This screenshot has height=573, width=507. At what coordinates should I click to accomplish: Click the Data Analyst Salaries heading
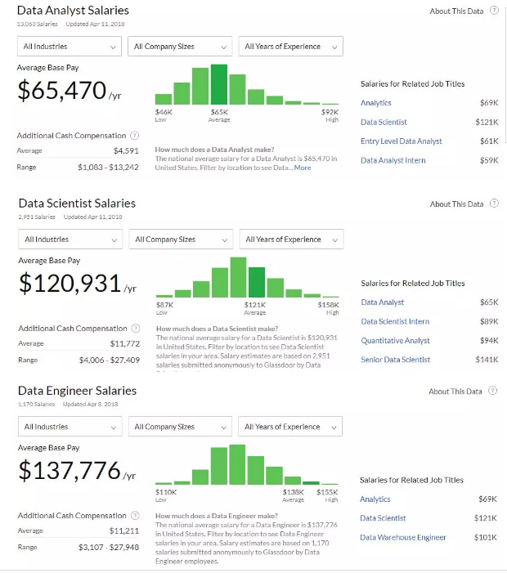tap(72, 11)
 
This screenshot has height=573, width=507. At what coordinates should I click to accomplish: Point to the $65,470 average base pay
tap(62, 91)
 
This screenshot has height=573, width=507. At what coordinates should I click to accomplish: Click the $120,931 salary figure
tap(70, 284)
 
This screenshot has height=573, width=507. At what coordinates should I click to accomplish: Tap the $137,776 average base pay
tap(70, 471)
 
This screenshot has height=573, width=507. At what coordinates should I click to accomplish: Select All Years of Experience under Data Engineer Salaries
tap(290, 427)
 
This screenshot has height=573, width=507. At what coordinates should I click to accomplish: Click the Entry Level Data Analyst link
tap(401, 141)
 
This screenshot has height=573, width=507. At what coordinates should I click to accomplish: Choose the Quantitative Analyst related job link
tap(395, 341)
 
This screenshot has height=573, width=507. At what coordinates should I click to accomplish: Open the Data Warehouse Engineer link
tap(402, 538)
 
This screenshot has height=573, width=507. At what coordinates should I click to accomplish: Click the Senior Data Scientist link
tap(395, 360)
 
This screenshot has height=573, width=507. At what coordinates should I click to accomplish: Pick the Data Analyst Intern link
tap(393, 160)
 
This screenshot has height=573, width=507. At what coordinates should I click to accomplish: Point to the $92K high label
tap(330, 111)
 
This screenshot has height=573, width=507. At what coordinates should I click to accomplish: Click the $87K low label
tap(164, 305)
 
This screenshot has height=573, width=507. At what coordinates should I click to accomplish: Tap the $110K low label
tap(166, 492)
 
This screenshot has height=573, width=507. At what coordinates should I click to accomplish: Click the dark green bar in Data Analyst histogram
tap(219, 85)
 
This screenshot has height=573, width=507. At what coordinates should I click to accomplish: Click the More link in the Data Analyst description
tap(303, 168)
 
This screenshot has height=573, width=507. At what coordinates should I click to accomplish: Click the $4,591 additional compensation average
tap(125, 151)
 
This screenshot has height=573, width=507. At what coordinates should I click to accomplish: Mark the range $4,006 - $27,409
tap(109, 360)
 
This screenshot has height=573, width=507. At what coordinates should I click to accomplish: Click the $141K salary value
tap(487, 360)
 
